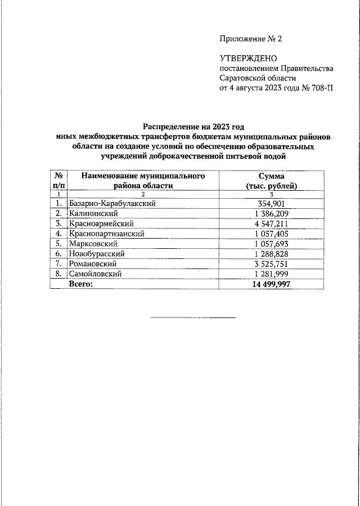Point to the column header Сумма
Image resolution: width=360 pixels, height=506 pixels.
point(271,176)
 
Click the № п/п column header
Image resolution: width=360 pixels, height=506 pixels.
point(58,180)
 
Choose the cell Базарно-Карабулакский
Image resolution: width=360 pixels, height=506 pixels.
point(112,203)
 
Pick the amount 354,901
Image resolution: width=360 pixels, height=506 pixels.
point(271,203)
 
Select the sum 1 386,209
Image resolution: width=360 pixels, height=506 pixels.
point(271,213)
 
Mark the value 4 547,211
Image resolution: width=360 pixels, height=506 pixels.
point(271,223)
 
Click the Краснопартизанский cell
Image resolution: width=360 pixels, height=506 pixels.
point(106,234)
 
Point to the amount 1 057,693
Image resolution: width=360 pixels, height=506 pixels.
point(271,244)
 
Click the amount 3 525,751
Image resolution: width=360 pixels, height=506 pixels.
point(271,264)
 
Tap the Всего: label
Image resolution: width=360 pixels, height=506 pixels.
point(80,284)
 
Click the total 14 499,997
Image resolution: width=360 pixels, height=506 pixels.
point(271,284)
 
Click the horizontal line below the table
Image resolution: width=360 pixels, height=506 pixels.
point(193,317)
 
